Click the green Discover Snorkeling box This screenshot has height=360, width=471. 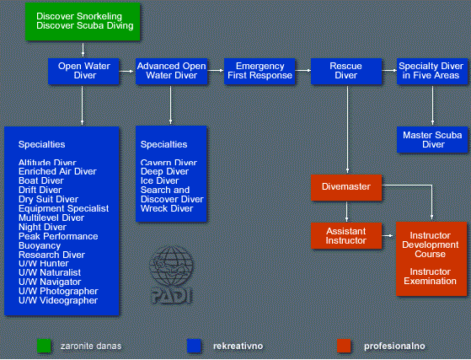coord(83,21)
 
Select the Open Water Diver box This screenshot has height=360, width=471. coord(83,71)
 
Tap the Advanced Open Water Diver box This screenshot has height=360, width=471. coord(172,71)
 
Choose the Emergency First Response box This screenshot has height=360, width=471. coord(260,71)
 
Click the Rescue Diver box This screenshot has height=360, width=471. coord(346,71)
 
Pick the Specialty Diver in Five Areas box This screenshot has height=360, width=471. coord(432,71)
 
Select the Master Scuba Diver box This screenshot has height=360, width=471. coord(432,140)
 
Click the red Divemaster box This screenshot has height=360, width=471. coord(346,187)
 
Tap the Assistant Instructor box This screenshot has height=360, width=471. coord(346,235)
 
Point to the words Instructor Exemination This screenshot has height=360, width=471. coord(431,277)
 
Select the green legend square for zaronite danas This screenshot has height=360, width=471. coord(44,346)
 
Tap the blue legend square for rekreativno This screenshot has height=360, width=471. coord(194,346)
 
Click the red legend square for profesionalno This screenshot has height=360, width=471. coord(344,346)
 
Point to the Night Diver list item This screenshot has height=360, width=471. coord(42,227)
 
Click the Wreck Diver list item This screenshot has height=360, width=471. coord(167,208)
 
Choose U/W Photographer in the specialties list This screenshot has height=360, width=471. coord(58,291)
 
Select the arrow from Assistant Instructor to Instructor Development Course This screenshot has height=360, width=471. coord(388,236)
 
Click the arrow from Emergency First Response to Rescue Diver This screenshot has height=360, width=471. coord(303,71)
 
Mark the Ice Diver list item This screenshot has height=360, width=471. coord(159,181)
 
